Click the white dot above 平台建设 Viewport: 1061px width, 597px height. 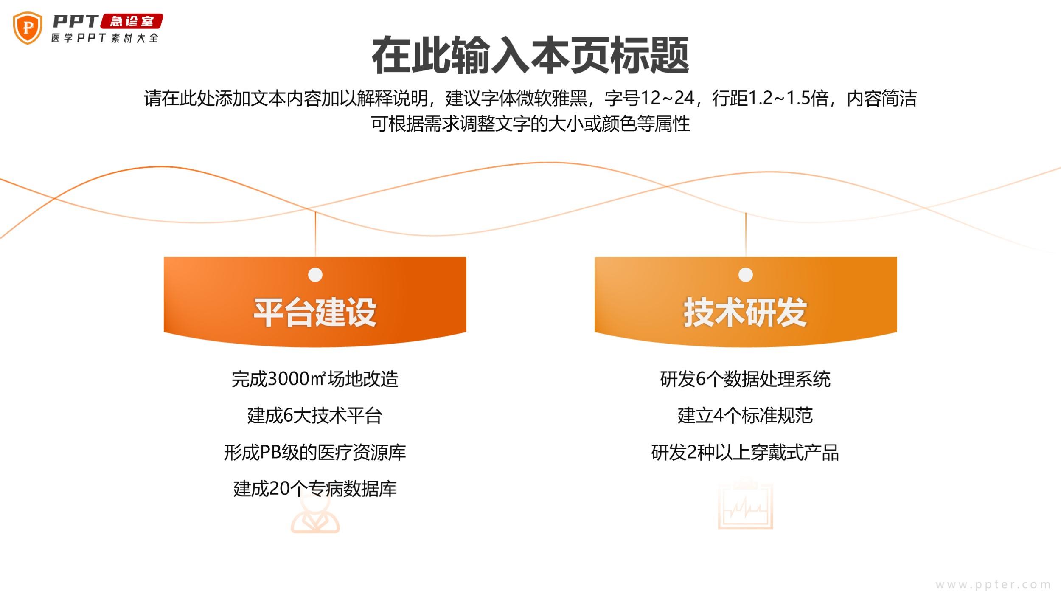(x=315, y=275)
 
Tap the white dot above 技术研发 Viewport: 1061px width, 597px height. (x=746, y=275)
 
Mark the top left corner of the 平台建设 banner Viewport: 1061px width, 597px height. (x=164, y=257)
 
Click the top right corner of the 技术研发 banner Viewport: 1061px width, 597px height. (x=897, y=257)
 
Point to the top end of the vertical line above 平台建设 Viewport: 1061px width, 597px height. (x=315, y=211)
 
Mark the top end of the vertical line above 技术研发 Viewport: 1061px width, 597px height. (x=746, y=213)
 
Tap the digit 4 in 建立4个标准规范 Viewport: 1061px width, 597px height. (x=719, y=415)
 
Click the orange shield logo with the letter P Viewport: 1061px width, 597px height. (x=28, y=28)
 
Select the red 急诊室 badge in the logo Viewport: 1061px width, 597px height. (x=132, y=21)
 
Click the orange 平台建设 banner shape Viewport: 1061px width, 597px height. (x=315, y=302)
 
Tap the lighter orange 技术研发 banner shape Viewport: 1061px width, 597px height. (x=746, y=302)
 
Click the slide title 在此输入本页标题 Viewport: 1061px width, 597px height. (x=530, y=56)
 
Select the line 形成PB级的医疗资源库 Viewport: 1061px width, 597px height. (x=315, y=452)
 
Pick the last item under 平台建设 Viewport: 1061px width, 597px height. (x=315, y=489)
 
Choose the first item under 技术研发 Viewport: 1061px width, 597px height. (x=745, y=379)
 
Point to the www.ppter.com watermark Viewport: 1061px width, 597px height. (x=993, y=585)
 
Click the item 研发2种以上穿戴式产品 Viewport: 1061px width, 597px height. (x=745, y=452)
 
